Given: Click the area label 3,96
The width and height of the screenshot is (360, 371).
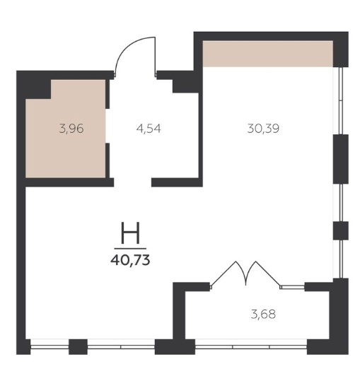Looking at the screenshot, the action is tap(71, 129).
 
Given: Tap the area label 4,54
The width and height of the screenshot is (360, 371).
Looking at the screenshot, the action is tap(149, 129).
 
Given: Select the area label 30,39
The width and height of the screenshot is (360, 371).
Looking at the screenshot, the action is tap(263, 129).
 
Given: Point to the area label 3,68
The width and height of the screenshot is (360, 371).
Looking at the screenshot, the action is tap(263, 314).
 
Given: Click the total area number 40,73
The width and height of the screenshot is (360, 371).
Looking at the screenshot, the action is tap(130, 261).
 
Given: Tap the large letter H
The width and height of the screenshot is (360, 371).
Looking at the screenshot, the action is tap(130, 233).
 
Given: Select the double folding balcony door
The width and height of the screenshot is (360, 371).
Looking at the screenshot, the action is tap(245, 274).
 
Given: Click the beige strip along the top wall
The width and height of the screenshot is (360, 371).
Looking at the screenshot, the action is tap(268, 54).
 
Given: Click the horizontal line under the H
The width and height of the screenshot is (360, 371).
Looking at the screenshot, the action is tap(130, 249).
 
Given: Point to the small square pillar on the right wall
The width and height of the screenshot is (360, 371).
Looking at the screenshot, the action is tap(341, 230).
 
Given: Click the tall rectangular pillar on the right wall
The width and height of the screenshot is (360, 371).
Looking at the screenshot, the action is tap(341, 159).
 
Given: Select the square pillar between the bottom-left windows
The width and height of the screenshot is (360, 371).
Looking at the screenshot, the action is tap(78, 347).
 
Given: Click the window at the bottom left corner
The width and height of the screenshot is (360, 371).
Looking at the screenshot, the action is tap(50, 347).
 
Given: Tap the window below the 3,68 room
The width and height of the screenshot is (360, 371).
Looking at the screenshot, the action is tap(251, 347).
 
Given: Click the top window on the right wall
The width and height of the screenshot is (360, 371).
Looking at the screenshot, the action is tap(341, 100).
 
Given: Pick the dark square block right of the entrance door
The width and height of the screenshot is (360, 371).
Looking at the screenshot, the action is tap(186, 86).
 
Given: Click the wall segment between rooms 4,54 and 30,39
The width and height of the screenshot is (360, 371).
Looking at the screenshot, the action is tap(200, 135).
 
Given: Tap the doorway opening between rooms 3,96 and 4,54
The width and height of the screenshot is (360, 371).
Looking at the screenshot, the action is tap(108, 126).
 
